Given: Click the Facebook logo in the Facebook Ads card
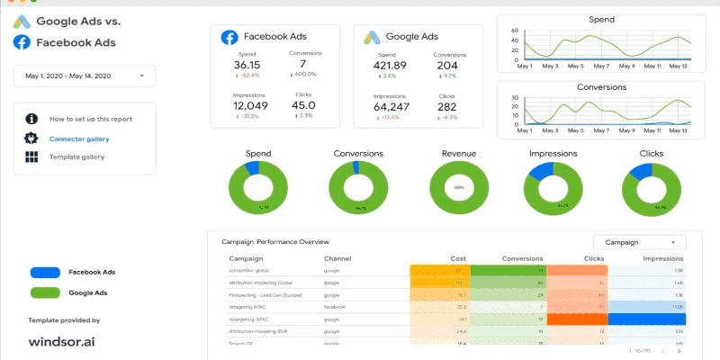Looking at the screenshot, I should (x=229, y=37).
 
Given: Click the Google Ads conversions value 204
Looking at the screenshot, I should (x=446, y=65).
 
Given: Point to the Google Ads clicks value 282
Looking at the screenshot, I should (x=446, y=106).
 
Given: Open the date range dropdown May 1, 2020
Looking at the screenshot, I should (x=85, y=76).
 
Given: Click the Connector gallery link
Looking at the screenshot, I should (x=79, y=139).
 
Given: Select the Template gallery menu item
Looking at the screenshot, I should (x=76, y=157).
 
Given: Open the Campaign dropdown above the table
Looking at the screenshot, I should (x=639, y=242).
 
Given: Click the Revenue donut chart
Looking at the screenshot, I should (x=459, y=187).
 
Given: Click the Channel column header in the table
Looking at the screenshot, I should (x=337, y=258).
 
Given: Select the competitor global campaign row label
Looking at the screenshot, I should (x=249, y=270).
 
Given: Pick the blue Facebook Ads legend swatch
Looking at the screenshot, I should (x=45, y=272).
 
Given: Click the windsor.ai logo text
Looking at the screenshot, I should (x=61, y=343).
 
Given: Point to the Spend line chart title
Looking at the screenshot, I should (x=601, y=19).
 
